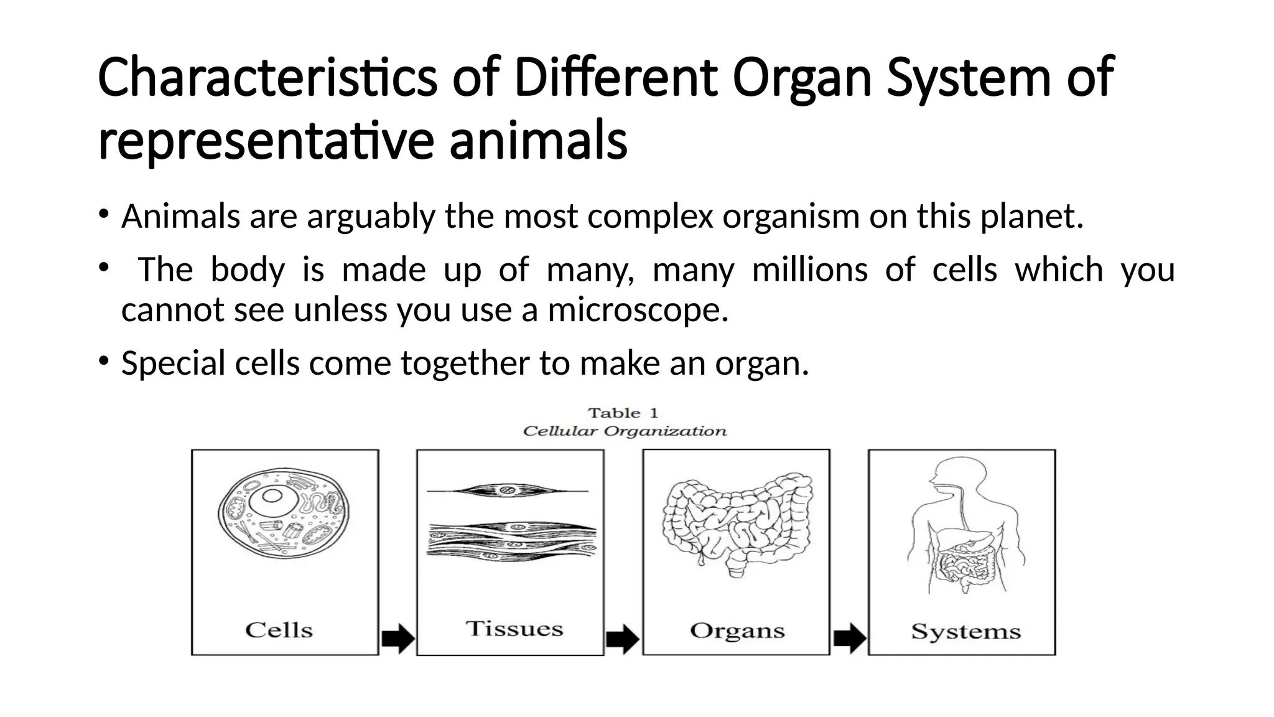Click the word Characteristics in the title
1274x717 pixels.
267,78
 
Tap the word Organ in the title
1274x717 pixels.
802,78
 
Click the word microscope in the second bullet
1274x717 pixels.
637,310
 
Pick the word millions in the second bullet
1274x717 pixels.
809,270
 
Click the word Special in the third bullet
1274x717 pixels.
173,363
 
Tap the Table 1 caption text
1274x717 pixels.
623,413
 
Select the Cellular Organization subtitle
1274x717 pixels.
625,431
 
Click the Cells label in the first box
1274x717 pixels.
279,630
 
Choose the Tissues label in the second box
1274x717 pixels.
514,629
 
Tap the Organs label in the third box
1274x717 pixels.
737,630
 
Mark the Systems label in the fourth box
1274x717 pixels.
965,632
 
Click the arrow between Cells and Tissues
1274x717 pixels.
398,639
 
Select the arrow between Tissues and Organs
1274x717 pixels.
623,639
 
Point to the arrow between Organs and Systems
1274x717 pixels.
849,639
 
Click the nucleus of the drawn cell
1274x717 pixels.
272,496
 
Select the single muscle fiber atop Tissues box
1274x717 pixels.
507,491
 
